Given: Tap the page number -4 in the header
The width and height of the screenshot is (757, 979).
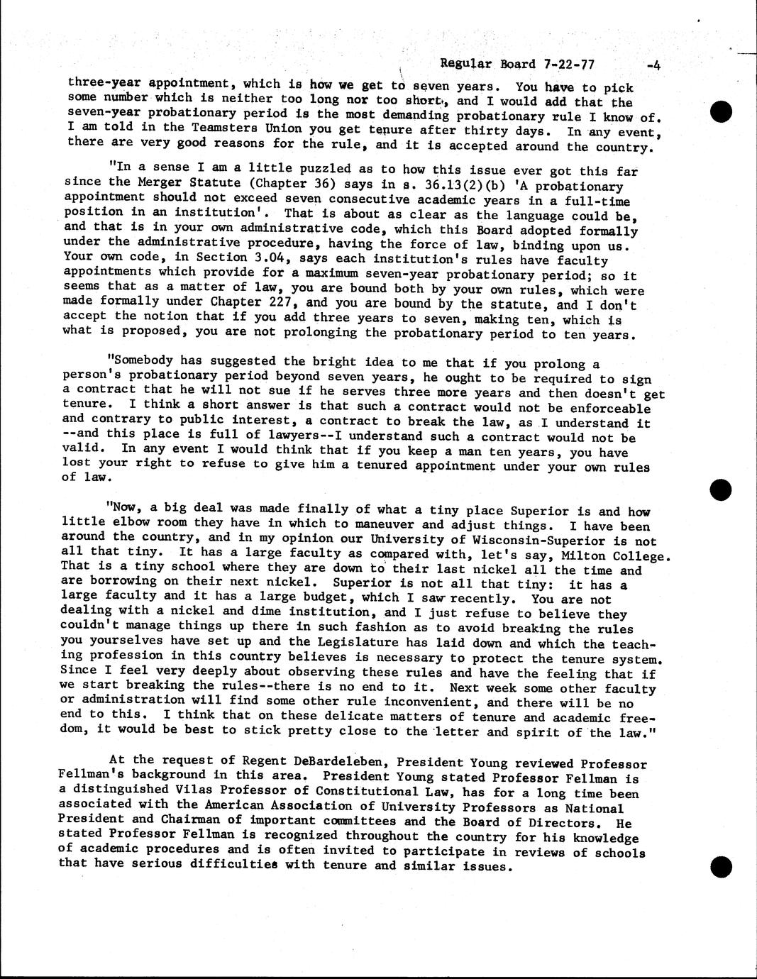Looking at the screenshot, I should pos(653,66).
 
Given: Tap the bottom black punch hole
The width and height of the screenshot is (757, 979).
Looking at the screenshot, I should pos(721,866).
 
